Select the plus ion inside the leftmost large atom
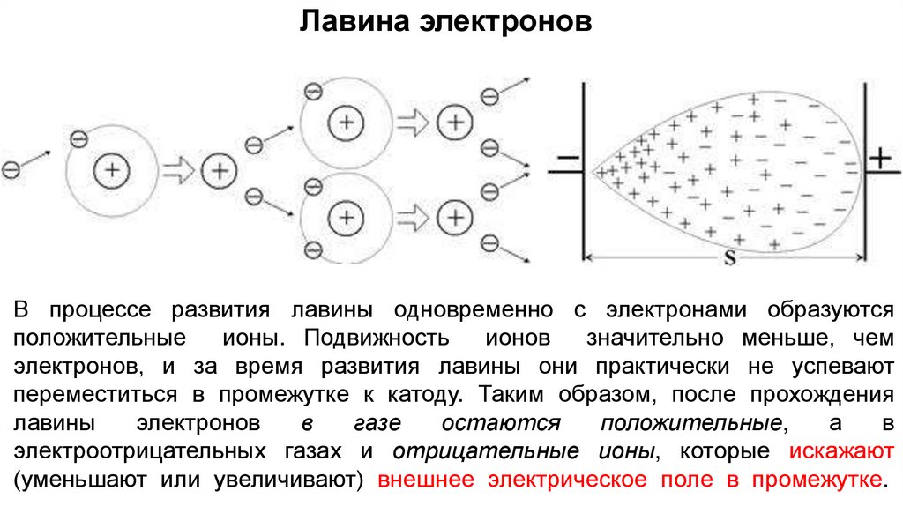pos(111,170)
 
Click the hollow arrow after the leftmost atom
pos(179,170)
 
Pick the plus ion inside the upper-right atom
pos(347,123)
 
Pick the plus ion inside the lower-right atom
pos(347,216)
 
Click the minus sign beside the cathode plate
pos(568,160)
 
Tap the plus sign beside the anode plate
pos(879,158)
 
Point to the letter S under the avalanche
pos(729,260)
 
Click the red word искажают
pos(841,452)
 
